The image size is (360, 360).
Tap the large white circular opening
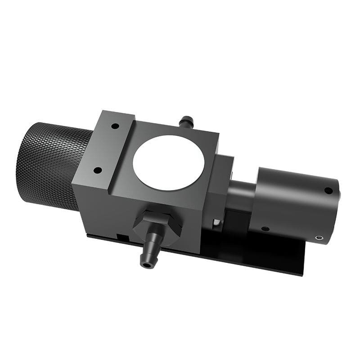168,162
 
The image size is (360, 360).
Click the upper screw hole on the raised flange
115,126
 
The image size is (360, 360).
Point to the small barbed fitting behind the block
186,121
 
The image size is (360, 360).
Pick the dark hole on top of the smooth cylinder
328,190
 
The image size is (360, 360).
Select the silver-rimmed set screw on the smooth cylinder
319,238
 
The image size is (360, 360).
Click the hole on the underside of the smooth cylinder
265,229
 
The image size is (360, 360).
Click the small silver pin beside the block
217,222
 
